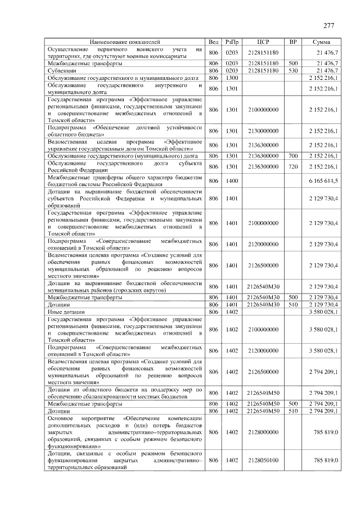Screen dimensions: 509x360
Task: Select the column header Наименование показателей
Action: coord(125,42)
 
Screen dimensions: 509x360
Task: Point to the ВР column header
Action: coord(292,42)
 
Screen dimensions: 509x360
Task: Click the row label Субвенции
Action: coord(60,71)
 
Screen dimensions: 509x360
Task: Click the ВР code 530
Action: coord(292,71)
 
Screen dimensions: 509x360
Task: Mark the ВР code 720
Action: coord(292,166)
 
